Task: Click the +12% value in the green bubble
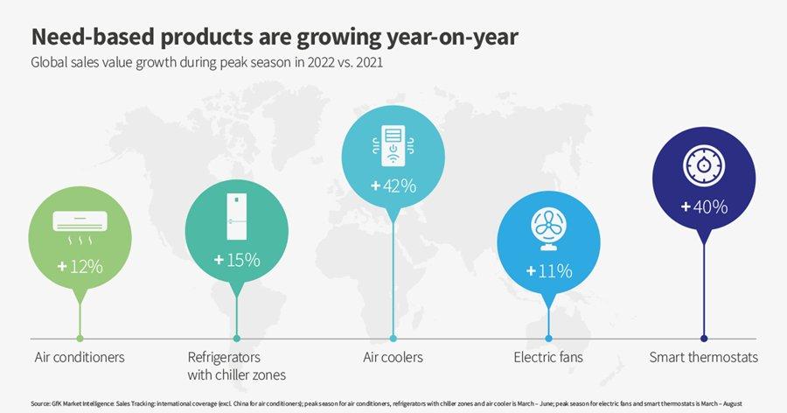click(x=80, y=266)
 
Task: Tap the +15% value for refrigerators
click(x=237, y=259)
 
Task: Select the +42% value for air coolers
click(x=393, y=185)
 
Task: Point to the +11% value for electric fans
click(x=549, y=270)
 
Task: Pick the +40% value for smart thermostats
click(x=704, y=207)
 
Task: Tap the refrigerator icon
click(x=237, y=217)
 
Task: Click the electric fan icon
click(x=549, y=229)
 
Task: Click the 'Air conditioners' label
click(x=80, y=357)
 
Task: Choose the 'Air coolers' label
click(x=393, y=357)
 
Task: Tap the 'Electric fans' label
click(x=548, y=357)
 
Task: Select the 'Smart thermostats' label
click(x=704, y=357)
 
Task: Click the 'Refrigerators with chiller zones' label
click(x=237, y=366)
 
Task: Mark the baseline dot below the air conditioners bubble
click(x=80, y=338)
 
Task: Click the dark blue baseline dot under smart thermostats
click(x=704, y=338)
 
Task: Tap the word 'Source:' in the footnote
click(x=40, y=402)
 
